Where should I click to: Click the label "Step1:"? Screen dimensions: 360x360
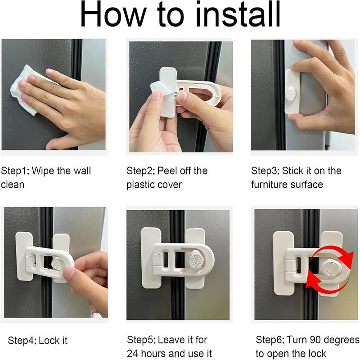[15, 171]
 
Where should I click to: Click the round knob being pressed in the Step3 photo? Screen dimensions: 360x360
[291, 94]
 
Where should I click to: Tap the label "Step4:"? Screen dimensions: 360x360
[22, 341]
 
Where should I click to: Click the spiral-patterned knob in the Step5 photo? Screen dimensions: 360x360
[197, 261]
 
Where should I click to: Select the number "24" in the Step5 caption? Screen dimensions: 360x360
[132, 354]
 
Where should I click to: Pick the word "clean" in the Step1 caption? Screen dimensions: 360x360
[13, 185]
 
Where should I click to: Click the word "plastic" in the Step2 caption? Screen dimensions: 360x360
[140, 185]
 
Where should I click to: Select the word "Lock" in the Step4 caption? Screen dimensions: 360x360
[49, 341]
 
